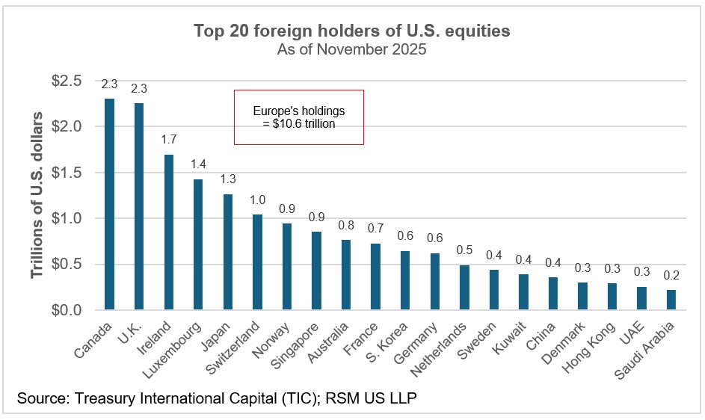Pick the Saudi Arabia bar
click(x=671, y=300)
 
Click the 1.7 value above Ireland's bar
click(x=168, y=139)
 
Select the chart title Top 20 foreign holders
click(x=352, y=31)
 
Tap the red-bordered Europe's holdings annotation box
click(x=299, y=117)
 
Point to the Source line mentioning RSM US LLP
click(x=216, y=398)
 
